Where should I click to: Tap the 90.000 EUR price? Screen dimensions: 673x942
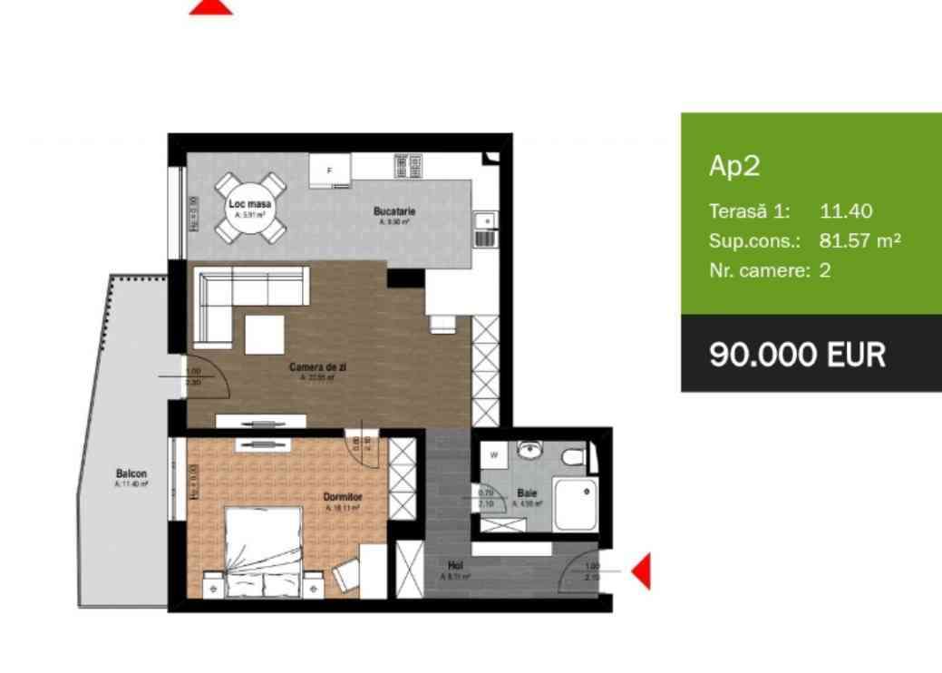point(797,354)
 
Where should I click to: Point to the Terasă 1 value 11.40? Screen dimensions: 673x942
point(846,211)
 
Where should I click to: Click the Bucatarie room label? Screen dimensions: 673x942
point(393,211)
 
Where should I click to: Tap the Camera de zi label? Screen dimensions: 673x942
point(318,366)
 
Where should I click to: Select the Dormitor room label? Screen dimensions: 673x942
point(343,497)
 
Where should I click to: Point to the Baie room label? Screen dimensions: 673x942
point(528,493)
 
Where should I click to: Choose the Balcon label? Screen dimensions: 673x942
point(131,473)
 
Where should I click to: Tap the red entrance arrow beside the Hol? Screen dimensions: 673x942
point(640,571)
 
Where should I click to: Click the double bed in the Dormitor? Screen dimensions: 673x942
point(263,550)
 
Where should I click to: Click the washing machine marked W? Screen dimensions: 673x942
point(494,454)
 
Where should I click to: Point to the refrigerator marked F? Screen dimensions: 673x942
point(330,170)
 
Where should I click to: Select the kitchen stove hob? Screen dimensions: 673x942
point(407,165)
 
